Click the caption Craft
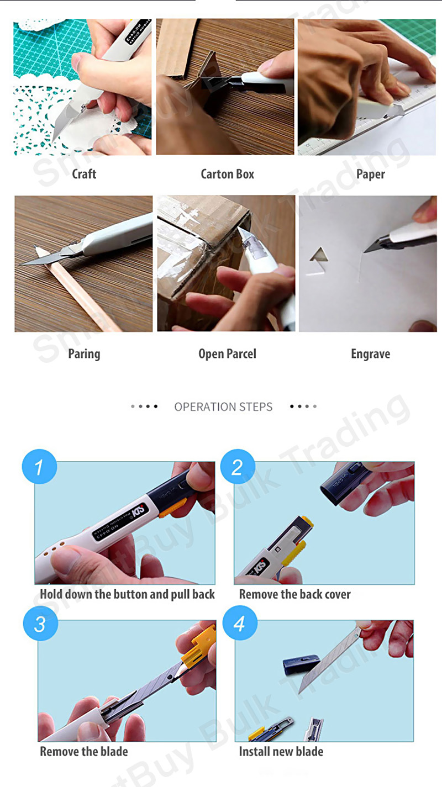pyautogui.click(x=84, y=174)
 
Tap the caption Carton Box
pyautogui.click(x=227, y=174)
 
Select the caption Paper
pyautogui.click(x=370, y=174)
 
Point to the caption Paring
pyautogui.click(x=84, y=353)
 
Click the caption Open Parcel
pyautogui.click(x=227, y=353)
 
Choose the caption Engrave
pyautogui.click(x=370, y=353)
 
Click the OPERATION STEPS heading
pyautogui.click(x=223, y=407)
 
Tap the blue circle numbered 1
pyautogui.click(x=39, y=467)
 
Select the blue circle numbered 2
pyautogui.click(x=238, y=467)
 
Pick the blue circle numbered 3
pyautogui.click(x=40, y=624)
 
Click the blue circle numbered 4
pyautogui.click(x=240, y=624)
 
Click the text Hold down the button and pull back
pyautogui.click(x=127, y=594)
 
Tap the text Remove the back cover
pyautogui.click(x=294, y=594)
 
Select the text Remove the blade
pyautogui.click(x=84, y=752)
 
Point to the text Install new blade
pyautogui.click(x=281, y=752)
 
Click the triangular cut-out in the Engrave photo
pyautogui.click(x=317, y=256)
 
